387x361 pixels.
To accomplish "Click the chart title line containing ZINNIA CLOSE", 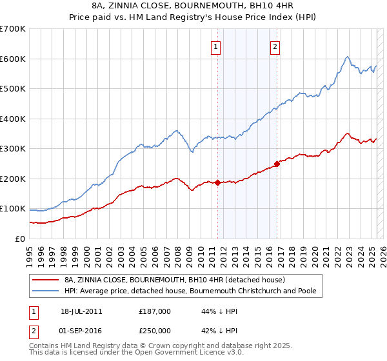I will [193, 6].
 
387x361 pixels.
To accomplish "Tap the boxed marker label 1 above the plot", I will [215, 46].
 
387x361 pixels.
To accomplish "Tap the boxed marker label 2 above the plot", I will [275, 46].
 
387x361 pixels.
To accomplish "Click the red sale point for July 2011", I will [217, 182].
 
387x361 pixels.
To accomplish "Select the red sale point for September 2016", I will [277, 164].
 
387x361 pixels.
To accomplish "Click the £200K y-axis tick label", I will [13, 179].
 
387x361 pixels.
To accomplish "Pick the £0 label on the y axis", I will [20, 239].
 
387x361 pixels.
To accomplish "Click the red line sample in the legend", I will [46, 280].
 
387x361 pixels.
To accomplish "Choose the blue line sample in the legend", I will [46, 291].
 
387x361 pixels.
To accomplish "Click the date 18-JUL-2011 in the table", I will [81, 311].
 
